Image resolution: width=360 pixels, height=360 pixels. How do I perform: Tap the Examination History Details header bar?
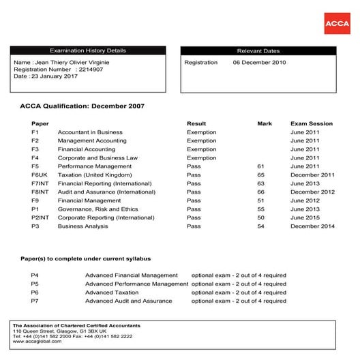(x=88, y=50)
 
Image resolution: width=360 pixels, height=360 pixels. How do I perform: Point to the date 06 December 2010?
(x=259, y=62)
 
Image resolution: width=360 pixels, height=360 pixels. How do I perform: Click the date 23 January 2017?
(x=55, y=76)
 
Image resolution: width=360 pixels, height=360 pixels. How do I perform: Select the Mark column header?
(x=265, y=123)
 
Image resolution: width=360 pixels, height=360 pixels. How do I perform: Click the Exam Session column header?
(x=312, y=123)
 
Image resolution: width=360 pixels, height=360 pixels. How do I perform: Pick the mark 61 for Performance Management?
(x=260, y=166)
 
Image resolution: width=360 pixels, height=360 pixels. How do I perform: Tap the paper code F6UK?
(x=39, y=175)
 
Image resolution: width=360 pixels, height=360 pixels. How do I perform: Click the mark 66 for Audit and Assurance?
(x=260, y=192)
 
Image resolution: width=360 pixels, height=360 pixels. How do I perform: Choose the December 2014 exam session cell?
(x=312, y=226)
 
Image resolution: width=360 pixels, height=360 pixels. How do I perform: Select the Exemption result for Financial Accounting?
(x=201, y=149)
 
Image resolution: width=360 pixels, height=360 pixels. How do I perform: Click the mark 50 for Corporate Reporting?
(x=260, y=217)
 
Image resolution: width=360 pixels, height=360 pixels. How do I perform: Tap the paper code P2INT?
(x=40, y=217)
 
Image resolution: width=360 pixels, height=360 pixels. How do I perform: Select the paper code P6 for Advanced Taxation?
(x=35, y=292)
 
